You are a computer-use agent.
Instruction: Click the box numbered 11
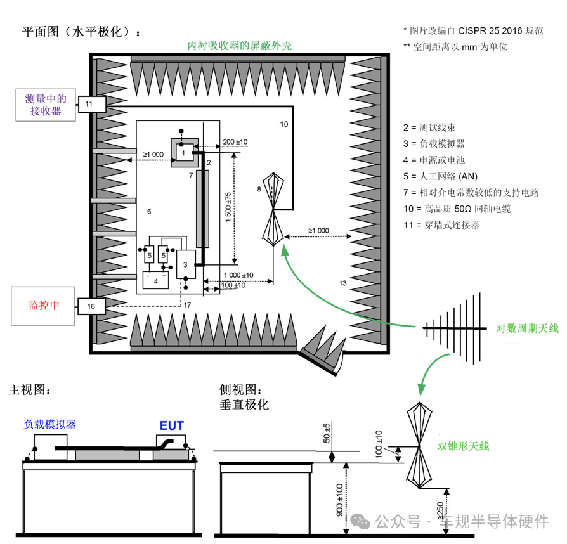tap(89, 103)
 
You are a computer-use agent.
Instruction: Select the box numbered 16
tap(91, 306)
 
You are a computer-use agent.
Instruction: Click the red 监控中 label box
tap(44, 305)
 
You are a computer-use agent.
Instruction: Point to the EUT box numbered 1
tap(183, 153)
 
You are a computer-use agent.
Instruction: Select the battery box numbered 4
tap(155, 280)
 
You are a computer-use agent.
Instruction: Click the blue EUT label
tap(171, 425)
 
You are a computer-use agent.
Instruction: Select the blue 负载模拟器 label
tap(50, 424)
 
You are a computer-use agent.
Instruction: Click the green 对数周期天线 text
tap(526, 328)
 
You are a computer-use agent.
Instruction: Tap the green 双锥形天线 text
tap(463, 446)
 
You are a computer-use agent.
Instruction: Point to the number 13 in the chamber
tap(342, 283)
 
